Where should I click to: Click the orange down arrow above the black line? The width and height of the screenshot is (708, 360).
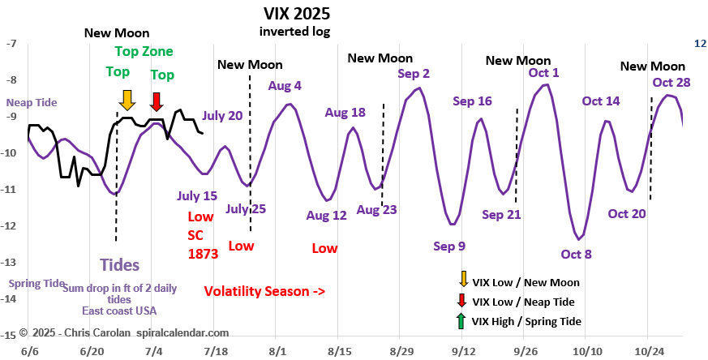(127, 100)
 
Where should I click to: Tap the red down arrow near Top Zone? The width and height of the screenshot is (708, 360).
(157, 100)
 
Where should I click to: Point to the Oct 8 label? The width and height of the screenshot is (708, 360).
(576, 254)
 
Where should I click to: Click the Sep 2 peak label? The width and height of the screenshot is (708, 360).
(414, 73)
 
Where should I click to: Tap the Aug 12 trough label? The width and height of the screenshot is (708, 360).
(326, 216)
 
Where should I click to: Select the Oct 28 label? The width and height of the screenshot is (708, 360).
(671, 82)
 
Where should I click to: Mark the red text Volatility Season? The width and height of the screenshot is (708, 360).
(264, 290)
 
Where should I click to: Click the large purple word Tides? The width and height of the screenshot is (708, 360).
(119, 264)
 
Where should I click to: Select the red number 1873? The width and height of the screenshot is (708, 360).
(203, 253)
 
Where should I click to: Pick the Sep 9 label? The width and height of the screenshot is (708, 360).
(449, 246)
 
